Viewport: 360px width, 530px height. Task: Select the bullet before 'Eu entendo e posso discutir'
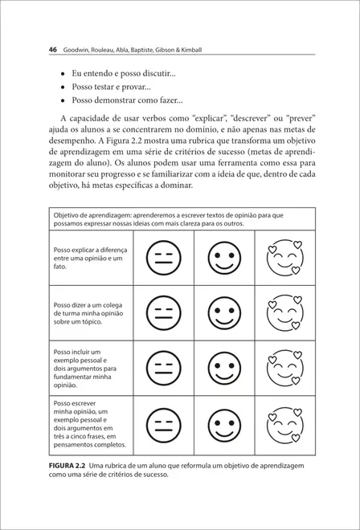pyautogui.click(x=63, y=74)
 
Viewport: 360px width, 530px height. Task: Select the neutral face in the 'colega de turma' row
pyautogui.click(x=163, y=313)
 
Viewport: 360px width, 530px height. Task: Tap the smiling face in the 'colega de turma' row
pyautogui.click(x=223, y=313)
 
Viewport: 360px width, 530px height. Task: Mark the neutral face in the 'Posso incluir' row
pyautogui.click(x=163, y=369)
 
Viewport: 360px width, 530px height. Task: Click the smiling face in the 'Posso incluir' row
pyautogui.click(x=223, y=369)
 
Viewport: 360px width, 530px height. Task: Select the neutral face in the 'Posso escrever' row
pyautogui.click(x=163, y=426)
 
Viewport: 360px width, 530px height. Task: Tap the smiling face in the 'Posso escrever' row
pyautogui.click(x=223, y=426)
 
